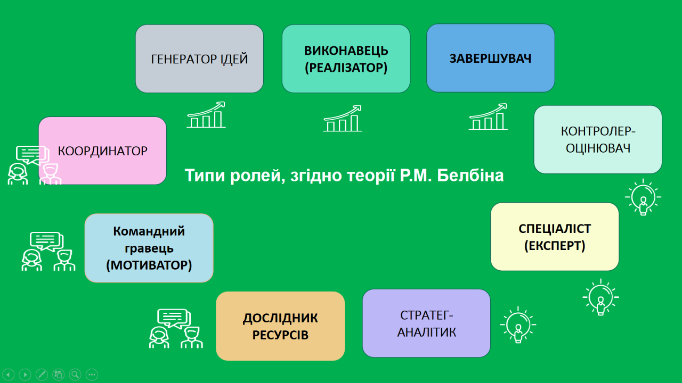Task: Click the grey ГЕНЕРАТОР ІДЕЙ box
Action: click(x=199, y=59)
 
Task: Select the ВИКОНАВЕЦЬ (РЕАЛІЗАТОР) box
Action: click(x=346, y=59)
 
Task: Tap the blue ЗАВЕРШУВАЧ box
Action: click(x=491, y=58)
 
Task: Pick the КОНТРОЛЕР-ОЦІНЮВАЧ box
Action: click(x=598, y=139)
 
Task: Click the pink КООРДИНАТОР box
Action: click(x=103, y=151)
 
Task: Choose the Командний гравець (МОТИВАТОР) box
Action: click(x=149, y=248)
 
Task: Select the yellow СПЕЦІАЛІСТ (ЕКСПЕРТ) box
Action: click(x=555, y=237)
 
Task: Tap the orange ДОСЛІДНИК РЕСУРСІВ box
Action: click(x=280, y=326)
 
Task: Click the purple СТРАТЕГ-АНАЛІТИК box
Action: click(x=426, y=323)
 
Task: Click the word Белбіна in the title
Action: click(x=470, y=176)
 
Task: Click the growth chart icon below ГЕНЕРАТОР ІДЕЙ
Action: click(x=206, y=114)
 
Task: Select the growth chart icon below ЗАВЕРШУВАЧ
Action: click(x=488, y=116)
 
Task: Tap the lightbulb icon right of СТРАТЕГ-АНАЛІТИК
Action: click(x=518, y=325)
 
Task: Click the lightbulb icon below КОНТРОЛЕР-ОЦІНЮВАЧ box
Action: click(x=643, y=197)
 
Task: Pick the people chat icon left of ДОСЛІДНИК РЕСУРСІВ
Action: click(x=176, y=329)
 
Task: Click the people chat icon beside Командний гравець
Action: click(x=48, y=252)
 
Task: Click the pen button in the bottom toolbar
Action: click(x=42, y=374)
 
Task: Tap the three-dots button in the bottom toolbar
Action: click(x=92, y=374)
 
